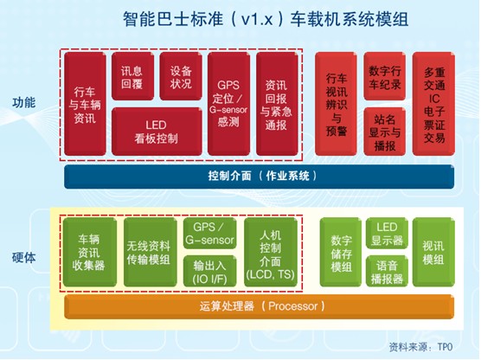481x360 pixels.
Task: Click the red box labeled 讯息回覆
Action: click(132, 76)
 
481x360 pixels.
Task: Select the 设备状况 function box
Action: click(181, 76)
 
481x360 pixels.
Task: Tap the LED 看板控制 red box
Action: click(157, 132)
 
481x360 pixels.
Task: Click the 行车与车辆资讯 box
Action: click(85, 104)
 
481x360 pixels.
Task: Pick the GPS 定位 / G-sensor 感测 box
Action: click(228, 104)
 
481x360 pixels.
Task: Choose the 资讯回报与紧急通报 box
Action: click(277, 104)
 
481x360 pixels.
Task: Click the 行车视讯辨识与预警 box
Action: click(336, 104)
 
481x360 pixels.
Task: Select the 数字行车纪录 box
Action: click(385, 76)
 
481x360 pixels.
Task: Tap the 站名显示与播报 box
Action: click(385, 132)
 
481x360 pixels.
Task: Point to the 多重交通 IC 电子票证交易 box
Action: click(433, 104)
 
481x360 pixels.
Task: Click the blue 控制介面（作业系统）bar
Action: click(260, 177)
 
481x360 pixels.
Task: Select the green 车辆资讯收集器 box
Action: click(90, 253)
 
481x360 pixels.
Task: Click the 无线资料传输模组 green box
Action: click(151, 253)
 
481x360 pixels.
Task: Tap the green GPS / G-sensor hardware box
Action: click(210, 234)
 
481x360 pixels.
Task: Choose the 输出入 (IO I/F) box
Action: click(210, 272)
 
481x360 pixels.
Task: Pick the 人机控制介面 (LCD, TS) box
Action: click(271, 253)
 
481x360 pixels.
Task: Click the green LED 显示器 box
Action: click(387, 234)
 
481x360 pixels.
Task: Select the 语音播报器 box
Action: click(387, 272)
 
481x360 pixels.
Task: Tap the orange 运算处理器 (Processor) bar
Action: click(260, 306)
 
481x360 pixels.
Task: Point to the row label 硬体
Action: click(23, 258)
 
